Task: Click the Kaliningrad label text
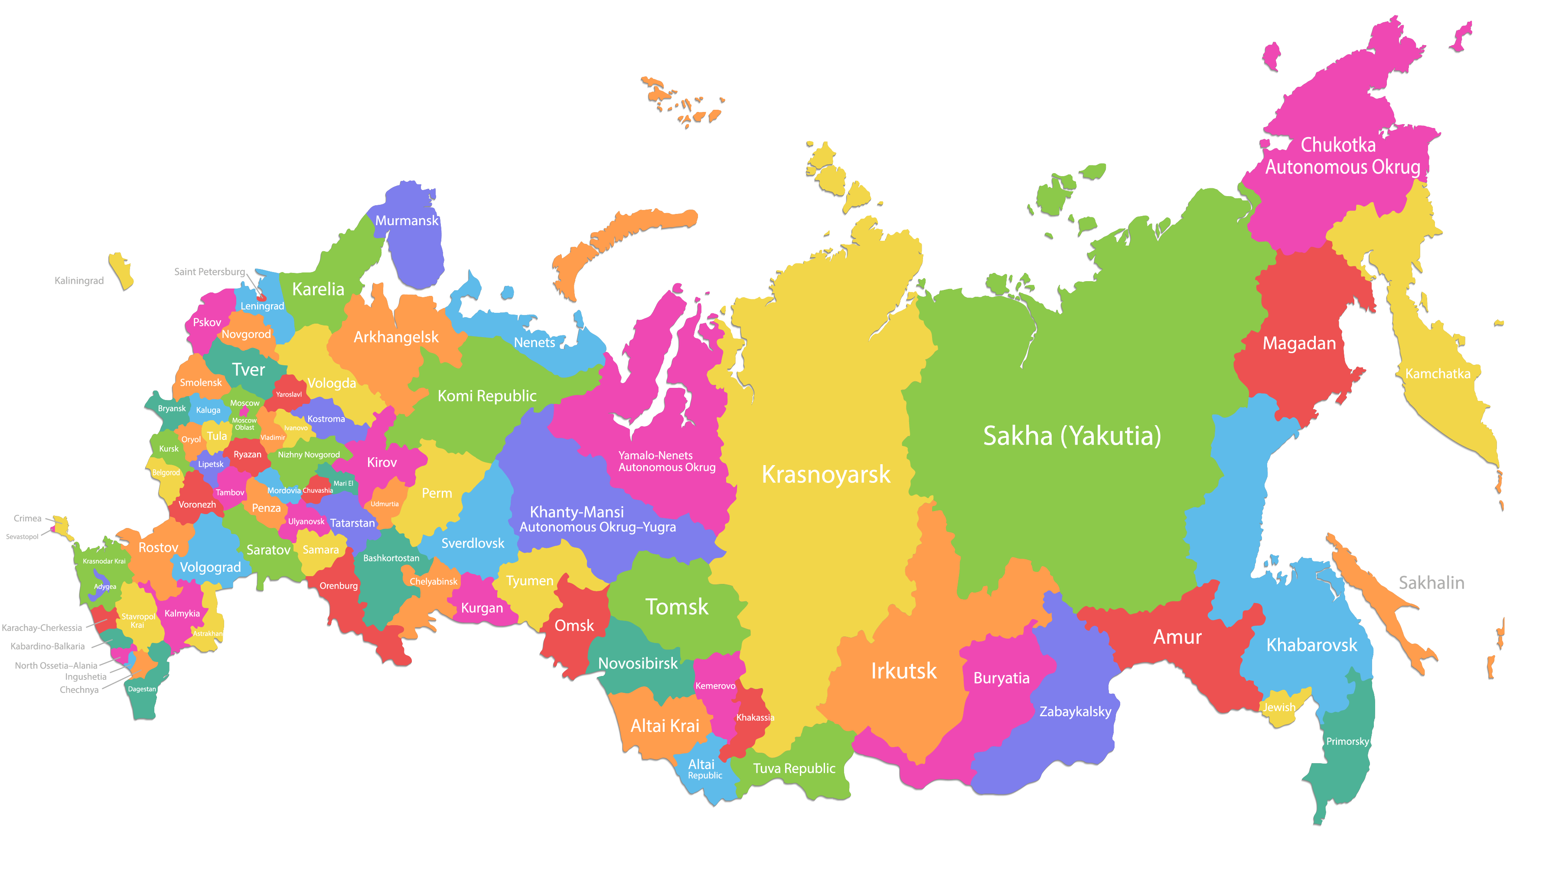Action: (x=79, y=280)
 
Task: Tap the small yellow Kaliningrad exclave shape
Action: (x=121, y=271)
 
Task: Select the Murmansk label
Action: (x=406, y=221)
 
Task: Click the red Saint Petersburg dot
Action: (x=261, y=298)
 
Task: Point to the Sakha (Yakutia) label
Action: (x=1071, y=436)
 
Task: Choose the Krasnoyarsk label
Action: (x=826, y=474)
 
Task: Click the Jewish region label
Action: (x=1279, y=707)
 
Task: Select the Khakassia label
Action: (x=755, y=718)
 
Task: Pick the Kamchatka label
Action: (x=1438, y=374)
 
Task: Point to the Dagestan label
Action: (x=142, y=689)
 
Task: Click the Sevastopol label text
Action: (x=22, y=537)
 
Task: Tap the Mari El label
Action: (x=343, y=483)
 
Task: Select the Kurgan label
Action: (x=482, y=608)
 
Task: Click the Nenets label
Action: (x=534, y=343)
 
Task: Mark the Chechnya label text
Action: (x=79, y=690)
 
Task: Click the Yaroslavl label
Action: (x=289, y=394)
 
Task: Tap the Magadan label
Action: (x=1299, y=343)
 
